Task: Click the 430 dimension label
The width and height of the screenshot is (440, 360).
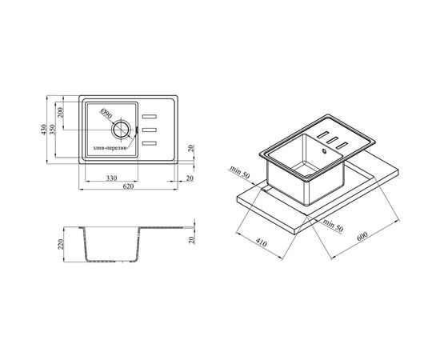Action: coord(43,130)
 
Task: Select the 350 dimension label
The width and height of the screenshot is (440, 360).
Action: coord(53,130)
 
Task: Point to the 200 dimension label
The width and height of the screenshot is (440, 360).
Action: coord(60,113)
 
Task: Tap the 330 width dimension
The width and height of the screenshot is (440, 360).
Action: coord(112,178)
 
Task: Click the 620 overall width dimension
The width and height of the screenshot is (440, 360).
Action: coord(128,186)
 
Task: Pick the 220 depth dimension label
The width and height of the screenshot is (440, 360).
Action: coord(61,244)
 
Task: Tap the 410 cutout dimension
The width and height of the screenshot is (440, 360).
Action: coord(262,243)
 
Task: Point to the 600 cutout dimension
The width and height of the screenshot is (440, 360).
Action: coord(362,236)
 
